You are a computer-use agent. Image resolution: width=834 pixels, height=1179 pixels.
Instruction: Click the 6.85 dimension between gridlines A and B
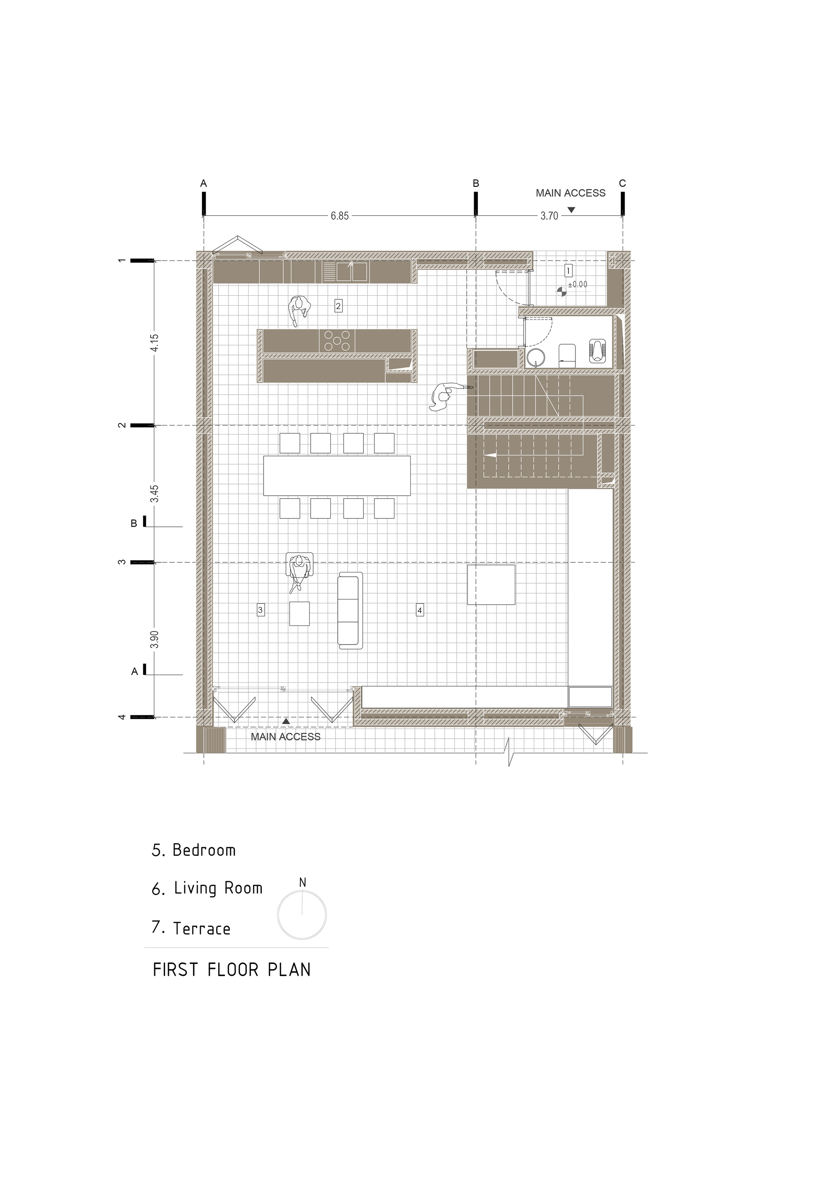coord(339,216)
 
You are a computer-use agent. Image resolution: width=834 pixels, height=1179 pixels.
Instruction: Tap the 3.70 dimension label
coord(549,216)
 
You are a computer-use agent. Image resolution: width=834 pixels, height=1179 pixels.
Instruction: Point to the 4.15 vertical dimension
coord(155,343)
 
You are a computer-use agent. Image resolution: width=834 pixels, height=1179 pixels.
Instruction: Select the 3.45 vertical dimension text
coord(155,494)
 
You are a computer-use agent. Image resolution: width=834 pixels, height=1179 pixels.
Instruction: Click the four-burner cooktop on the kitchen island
coord(337,341)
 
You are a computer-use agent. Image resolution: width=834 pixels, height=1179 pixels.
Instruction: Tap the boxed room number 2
coord(338,306)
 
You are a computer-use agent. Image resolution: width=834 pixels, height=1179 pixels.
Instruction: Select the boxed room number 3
coord(260,610)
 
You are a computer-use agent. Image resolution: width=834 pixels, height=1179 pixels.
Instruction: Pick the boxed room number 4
coord(420,610)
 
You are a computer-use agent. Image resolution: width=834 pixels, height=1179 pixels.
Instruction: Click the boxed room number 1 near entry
coord(568,270)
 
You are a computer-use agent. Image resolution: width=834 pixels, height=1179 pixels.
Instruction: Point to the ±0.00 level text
coord(578,284)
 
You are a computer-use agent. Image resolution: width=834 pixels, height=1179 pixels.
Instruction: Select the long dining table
coord(337,476)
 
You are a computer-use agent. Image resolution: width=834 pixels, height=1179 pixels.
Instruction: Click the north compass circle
coord(302,915)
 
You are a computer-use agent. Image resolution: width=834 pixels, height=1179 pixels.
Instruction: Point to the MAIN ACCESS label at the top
coord(570,193)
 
